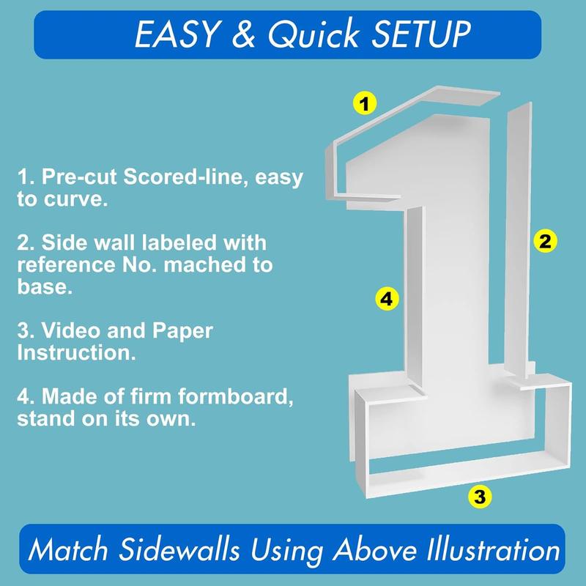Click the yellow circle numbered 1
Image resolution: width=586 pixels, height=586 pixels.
365,103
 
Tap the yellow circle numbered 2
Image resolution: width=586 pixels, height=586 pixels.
545,241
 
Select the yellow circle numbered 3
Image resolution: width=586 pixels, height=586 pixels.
480,497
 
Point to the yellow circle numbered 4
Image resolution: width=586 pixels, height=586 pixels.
387,299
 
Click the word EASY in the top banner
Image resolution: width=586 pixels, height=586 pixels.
177,34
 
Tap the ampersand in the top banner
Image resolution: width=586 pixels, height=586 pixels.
243,34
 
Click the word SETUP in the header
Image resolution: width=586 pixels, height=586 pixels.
420,34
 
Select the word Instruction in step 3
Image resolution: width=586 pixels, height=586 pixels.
76,352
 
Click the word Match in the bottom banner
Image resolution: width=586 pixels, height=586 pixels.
67,549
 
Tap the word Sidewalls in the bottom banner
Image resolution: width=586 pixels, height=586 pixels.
179,549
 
